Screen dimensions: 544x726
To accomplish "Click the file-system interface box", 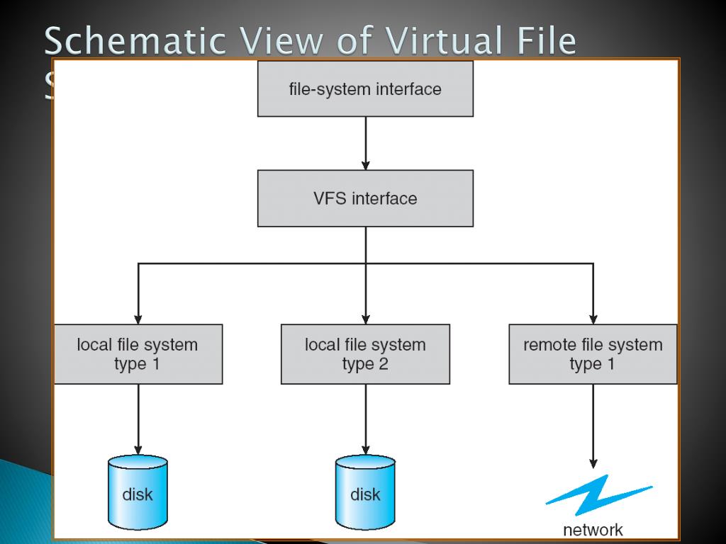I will tap(365, 89).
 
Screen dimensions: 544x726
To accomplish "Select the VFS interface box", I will tap(365, 198).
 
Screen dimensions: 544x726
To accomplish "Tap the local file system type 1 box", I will tap(138, 354).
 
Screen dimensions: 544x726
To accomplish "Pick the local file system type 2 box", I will tap(365, 354).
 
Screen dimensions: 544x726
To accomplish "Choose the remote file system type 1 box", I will tap(593, 354).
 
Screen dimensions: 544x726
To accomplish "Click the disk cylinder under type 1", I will tap(138, 492).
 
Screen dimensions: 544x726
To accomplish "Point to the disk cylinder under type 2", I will tap(365, 492).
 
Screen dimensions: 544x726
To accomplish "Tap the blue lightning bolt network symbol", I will tap(598, 494).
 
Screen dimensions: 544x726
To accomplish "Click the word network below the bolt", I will tap(593, 530).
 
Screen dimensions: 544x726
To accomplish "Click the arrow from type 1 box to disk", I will tap(138, 418).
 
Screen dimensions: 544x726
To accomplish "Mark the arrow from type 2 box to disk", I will tap(365, 418).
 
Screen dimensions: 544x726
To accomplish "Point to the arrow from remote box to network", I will tap(593, 425).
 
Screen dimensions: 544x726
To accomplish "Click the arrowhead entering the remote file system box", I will tap(593, 318).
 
